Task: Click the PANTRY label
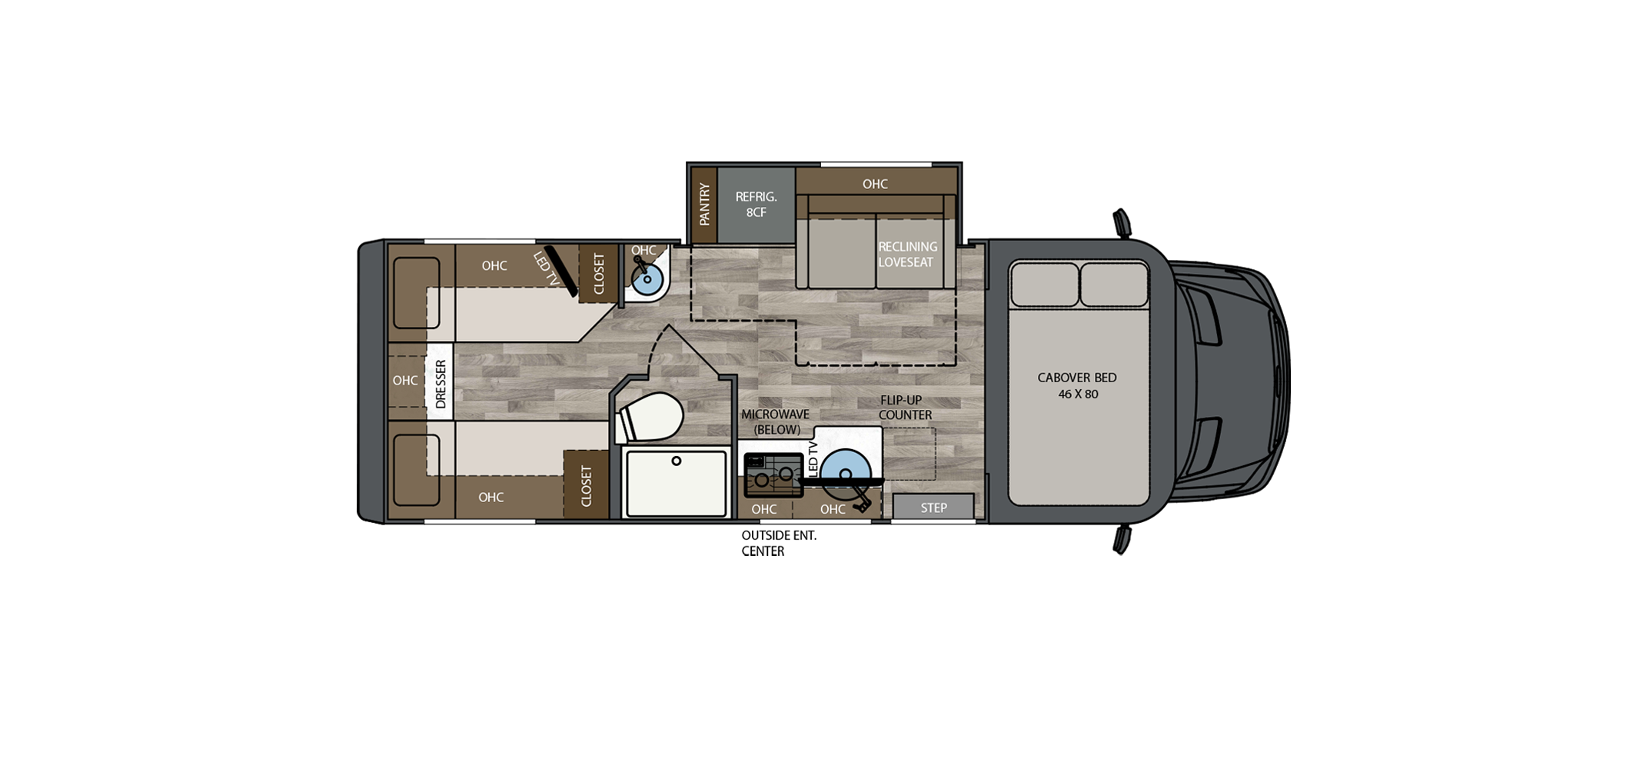(703, 205)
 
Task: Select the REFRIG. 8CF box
(756, 205)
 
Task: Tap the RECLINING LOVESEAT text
(907, 255)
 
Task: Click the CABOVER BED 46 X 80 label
(1077, 385)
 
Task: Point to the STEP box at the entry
(933, 508)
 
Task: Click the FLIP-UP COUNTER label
(905, 408)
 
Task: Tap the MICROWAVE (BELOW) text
(775, 422)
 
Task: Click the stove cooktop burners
(773, 474)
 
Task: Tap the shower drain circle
(677, 461)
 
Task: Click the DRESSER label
(441, 384)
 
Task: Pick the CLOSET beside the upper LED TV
(598, 273)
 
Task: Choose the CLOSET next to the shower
(586, 485)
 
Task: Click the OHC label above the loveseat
(875, 184)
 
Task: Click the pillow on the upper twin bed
(416, 293)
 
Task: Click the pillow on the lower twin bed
(416, 470)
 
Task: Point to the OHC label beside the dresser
(405, 381)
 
